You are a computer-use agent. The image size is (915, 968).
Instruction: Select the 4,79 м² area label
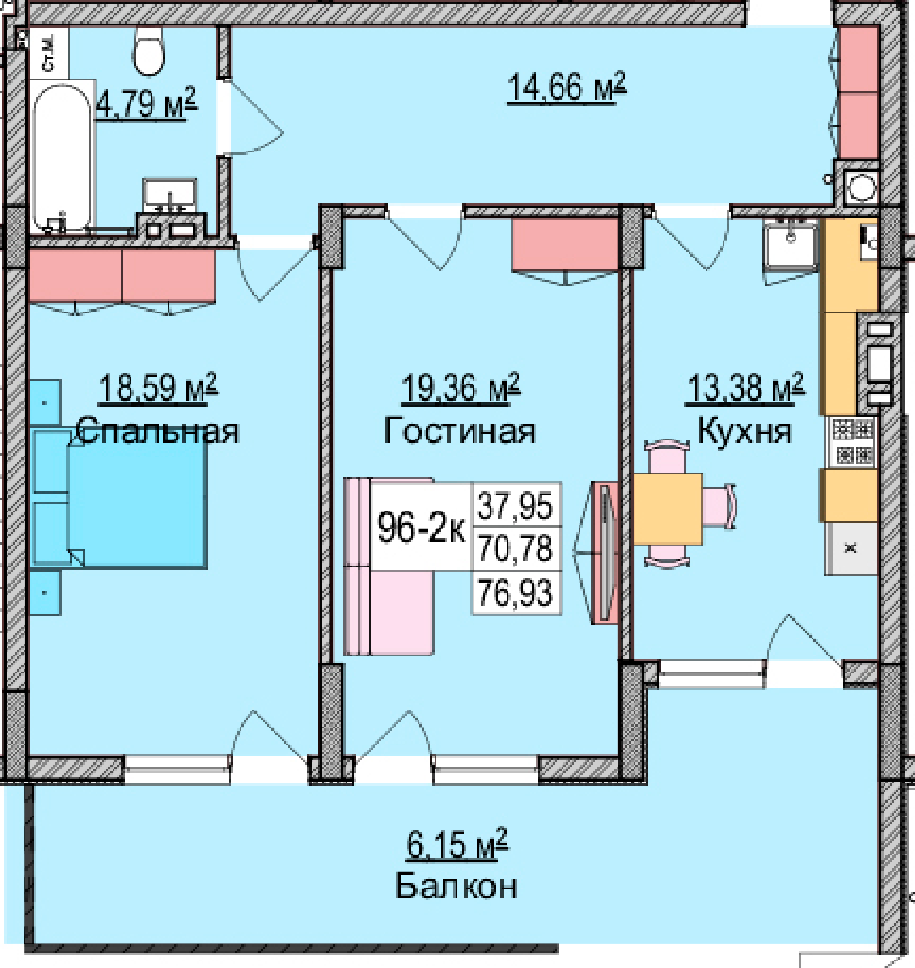click(146, 104)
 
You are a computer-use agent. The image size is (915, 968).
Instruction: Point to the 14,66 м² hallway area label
click(566, 88)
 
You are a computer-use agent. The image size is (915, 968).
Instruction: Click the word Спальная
click(158, 431)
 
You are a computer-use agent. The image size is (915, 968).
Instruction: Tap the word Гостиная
click(460, 431)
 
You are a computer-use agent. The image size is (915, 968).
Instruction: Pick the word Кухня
click(744, 431)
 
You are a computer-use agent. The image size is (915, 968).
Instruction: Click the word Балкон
click(456, 886)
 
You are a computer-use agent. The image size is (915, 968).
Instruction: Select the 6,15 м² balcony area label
click(457, 844)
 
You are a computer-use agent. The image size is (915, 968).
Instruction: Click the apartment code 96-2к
click(421, 527)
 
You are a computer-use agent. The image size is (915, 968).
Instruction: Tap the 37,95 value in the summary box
click(516, 506)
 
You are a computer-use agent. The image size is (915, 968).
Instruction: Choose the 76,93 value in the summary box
click(516, 592)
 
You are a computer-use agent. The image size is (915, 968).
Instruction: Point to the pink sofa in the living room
click(388, 566)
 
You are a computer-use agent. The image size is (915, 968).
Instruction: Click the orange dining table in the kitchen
click(667, 509)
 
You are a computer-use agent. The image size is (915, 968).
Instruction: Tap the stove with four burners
click(852, 442)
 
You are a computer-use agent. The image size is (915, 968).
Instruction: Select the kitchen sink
click(790, 245)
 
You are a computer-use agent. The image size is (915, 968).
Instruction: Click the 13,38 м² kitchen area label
click(746, 387)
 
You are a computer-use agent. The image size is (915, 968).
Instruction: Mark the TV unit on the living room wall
click(605, 552)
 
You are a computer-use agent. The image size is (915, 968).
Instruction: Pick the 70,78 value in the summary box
click(516, 549)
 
